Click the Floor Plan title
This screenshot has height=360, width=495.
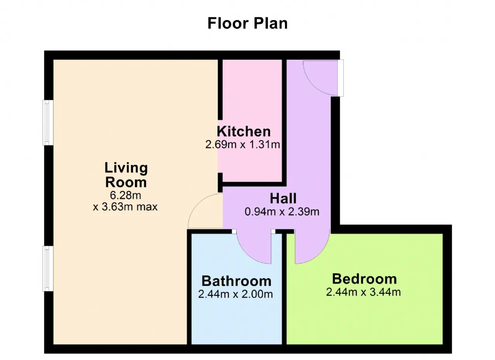[247, 23]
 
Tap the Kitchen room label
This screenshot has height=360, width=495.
[244, 131]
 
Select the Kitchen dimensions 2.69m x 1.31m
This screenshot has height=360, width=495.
[242, 145]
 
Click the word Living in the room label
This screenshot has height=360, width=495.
[126, 168]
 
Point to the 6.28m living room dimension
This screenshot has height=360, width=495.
[126, 195]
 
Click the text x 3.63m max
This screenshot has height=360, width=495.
[125, 207]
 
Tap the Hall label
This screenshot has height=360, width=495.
[283, 198]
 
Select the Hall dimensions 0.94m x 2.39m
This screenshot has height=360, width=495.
[282, 212]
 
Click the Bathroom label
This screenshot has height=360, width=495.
[236, 281]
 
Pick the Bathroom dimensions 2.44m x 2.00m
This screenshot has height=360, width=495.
[236, 294]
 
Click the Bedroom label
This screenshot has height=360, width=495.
[364, 279]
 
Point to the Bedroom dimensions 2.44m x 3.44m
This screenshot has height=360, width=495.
[363, 292]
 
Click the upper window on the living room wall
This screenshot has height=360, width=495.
[48, 123]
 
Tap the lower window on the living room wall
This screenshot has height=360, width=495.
[48, 268]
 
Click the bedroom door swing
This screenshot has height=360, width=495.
[321, 254]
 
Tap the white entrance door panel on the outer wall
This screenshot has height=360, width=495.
[341, 78]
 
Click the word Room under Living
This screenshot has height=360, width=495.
[126, 183]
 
